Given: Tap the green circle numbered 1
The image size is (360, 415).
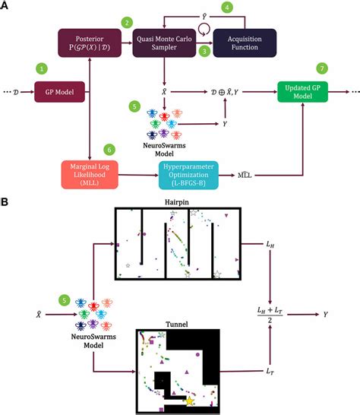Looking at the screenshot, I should click(43, 68).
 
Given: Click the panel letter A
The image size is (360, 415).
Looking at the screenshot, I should click(6, 6).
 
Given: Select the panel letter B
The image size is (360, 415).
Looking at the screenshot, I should click(6, 203).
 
